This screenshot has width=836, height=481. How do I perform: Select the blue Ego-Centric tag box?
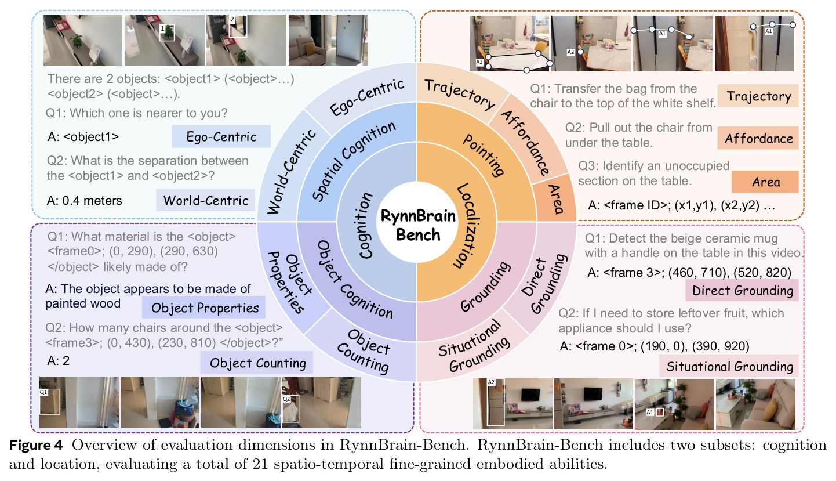click(x=221, y=136)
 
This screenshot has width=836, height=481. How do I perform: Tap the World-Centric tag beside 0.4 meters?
click(x=206, y=200)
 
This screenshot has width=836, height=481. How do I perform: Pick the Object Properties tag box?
click(x=203, y=308)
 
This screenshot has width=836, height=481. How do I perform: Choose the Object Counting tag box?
click(x=257, y=363)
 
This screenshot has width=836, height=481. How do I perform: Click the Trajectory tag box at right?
click(x=758, y=96)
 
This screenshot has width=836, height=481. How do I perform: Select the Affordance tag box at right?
click(x=758, y=138)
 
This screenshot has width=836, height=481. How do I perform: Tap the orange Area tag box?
click(x=765, y=182)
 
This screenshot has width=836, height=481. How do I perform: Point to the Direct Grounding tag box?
click(x=742, y=290)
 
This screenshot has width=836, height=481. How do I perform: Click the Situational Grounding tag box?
click(x=729, y=366)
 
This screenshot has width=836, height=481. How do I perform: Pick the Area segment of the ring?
click(x=555, y=198)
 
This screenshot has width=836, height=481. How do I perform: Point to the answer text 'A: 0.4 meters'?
click(x=84, y=201)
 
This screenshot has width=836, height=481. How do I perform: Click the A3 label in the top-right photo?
click(x=479, y=62)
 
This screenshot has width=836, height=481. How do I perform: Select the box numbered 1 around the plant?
click(x=167, y=32)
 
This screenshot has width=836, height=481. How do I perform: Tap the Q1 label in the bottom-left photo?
click(x=43, y=392)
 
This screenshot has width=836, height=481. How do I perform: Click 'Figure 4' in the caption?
click(x=36, y=445)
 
